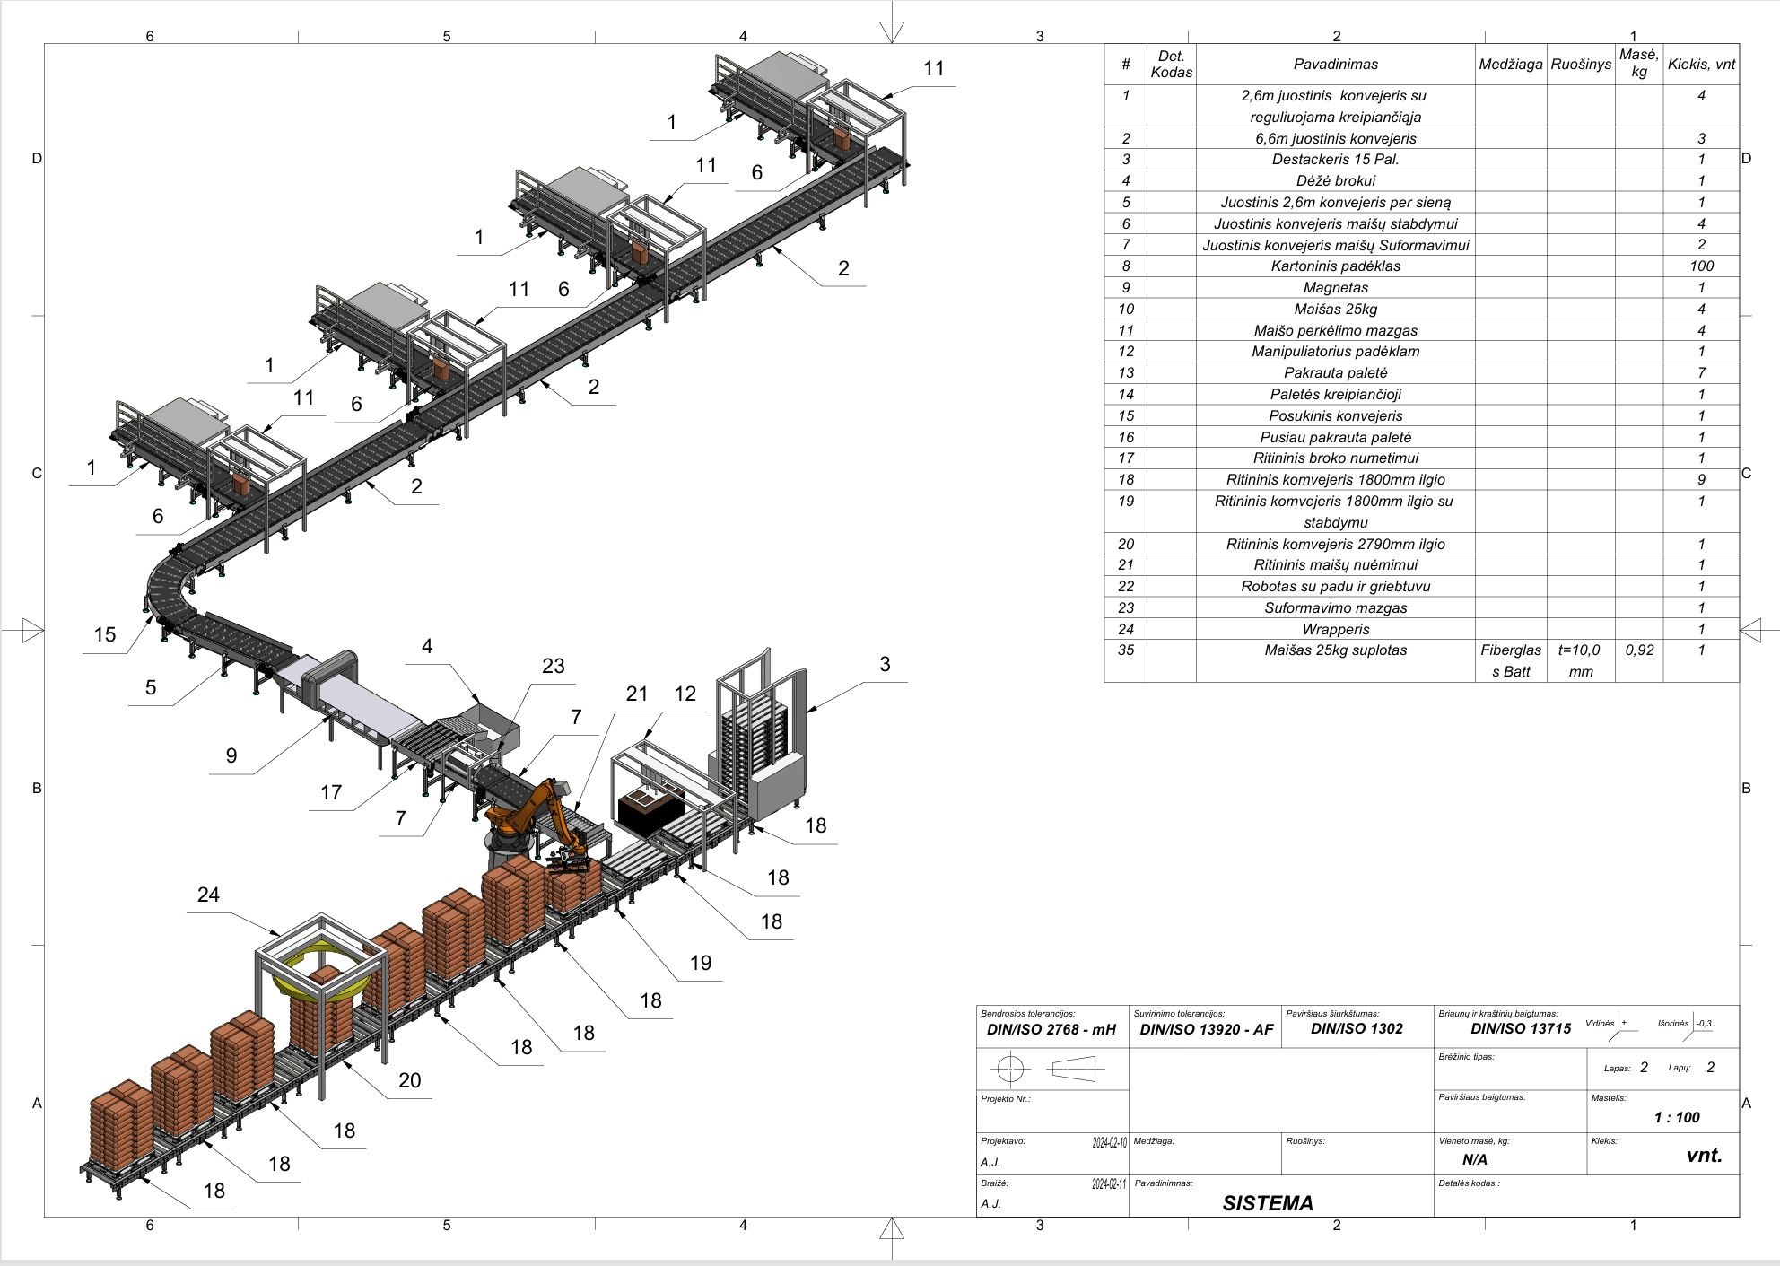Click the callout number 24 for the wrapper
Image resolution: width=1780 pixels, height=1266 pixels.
[208, 895]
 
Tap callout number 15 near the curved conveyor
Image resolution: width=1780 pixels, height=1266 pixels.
[105, 634]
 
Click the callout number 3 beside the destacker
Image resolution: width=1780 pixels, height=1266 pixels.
[885, 664]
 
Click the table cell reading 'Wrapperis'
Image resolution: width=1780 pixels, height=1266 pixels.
[1335, 629]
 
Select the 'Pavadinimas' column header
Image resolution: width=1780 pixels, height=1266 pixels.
[1335, 64]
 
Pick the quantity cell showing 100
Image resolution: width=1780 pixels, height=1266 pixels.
[1700, 266]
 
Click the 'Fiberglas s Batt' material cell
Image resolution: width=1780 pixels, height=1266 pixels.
[1510, 660]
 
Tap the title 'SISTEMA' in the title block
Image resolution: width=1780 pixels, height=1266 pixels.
[1267, 1203]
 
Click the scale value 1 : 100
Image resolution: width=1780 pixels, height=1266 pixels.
[1676, 1117]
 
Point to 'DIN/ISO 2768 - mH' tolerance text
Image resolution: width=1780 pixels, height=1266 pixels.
[1051, 1029]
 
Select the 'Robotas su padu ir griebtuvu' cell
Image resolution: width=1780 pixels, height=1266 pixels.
[1335, 586]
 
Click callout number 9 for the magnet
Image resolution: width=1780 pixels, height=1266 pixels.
[231, 755]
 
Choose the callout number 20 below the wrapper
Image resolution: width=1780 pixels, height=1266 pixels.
[409, 1080]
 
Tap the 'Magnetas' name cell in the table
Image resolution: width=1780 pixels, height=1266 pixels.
[1335, 287]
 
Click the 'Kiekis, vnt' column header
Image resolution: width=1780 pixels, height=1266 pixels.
[1700, 64]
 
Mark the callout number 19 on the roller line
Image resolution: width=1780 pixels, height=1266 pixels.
[701, 963]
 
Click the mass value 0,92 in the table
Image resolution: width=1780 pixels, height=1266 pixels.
[1638, 650]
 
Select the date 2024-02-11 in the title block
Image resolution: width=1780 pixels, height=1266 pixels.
[1109, 1184]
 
